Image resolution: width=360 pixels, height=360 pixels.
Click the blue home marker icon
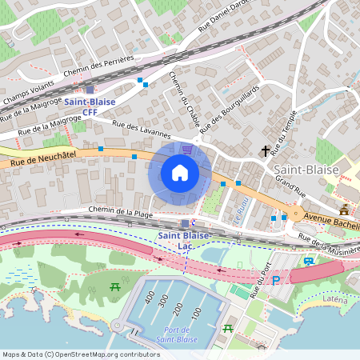tap(180, 173)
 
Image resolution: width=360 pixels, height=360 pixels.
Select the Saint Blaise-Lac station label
tap(183, 241)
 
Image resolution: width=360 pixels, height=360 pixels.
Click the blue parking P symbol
tap(277, 280)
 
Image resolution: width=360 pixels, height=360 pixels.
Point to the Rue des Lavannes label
tap(142, 129)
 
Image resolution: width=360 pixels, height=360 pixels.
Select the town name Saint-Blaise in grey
tap(306, 171)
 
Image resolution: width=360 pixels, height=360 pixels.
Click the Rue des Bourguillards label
tap(232, 108)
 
